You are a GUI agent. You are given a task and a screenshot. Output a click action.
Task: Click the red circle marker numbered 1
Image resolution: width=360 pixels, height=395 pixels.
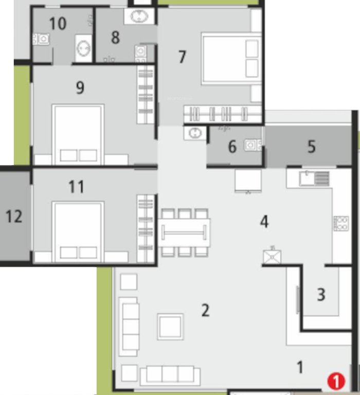pos(336,381)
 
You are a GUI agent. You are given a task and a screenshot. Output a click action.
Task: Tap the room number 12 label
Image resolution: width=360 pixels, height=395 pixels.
pos(14,217)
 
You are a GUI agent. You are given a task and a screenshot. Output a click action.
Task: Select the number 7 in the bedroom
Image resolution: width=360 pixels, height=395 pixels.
pos(182,57)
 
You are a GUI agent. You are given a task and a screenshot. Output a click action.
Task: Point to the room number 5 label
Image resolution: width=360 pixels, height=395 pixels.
pos(311,147)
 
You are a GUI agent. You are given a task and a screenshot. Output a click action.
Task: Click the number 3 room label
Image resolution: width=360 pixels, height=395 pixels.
pos(321,295)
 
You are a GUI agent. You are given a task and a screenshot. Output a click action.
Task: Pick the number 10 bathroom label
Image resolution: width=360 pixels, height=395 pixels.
pos(58,24)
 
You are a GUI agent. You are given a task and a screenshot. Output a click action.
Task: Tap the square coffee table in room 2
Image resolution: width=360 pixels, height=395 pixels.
pos(170,326)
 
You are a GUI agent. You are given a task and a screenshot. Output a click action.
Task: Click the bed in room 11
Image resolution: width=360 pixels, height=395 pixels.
pos(79,230)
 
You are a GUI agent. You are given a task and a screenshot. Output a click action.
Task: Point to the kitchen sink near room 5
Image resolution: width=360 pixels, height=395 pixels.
pos(315,178)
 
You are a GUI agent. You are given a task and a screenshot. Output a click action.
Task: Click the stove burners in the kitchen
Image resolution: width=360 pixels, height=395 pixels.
pos(341,223)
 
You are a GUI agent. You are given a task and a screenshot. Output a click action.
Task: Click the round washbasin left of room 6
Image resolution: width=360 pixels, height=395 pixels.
pos(195,133)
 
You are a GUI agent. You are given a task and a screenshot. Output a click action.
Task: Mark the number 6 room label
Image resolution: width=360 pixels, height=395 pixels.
pos(232,147)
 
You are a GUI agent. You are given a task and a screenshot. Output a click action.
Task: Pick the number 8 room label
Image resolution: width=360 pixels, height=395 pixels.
pos(115,38)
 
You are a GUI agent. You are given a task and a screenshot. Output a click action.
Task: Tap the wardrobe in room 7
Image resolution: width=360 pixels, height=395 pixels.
pos(223,113)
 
